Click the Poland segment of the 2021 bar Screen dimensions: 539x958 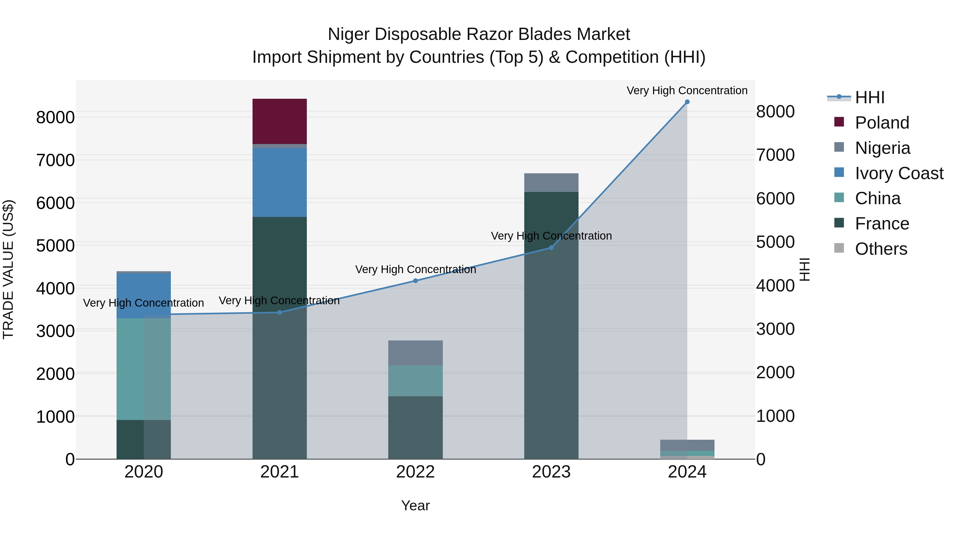click(x=279, y=121)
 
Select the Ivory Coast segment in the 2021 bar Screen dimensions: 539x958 click(x=279, y=182)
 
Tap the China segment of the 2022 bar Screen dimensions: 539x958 click(x=415, y=381)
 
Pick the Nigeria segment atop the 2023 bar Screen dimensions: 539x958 click(x=551, y=182)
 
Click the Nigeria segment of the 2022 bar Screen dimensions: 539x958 click(x=415, y=353)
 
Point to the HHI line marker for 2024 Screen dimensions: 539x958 click(x=687, y=102)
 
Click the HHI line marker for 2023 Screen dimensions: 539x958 click(x=551, y=248)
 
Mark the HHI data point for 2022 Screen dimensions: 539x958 click(x=415, y=281)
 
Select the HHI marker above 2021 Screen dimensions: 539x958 click(x=280, y=312)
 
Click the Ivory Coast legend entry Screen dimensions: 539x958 click(x=899, y=173)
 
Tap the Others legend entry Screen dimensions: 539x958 click(x=881, y=249)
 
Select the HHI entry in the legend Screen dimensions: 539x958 click(x=869, y=97)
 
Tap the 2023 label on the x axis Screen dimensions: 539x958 click(x=551, y=472)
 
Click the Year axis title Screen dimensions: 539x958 click(x=415, y=505)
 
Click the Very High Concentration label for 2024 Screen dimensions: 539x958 click(x=687, y=90)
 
